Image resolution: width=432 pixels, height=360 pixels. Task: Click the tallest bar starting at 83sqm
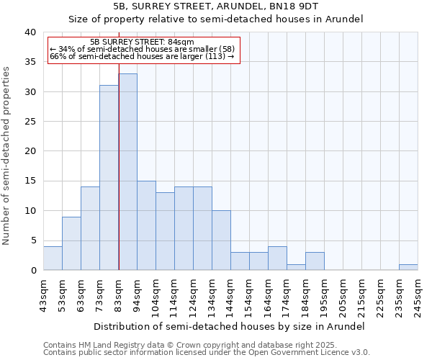pos(127,172)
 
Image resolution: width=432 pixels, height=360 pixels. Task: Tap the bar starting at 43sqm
pos(53,258)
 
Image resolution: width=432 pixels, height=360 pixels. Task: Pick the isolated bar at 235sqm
pos(408,267)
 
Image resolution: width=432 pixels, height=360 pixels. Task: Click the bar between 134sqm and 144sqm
pos(221,240)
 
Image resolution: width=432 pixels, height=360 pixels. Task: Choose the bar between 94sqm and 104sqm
pos(146,225)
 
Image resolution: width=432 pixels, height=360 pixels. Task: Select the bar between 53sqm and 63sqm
pos(71,243)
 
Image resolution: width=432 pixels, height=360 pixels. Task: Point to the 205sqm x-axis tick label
pos(343,294)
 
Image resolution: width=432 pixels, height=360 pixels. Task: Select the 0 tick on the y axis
pos(32,271)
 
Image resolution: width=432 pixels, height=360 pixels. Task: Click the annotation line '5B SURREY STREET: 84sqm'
pos(143,42)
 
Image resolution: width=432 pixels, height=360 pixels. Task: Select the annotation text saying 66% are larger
pos(142,56)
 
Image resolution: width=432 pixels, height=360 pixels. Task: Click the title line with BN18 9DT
pos(215,6)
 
